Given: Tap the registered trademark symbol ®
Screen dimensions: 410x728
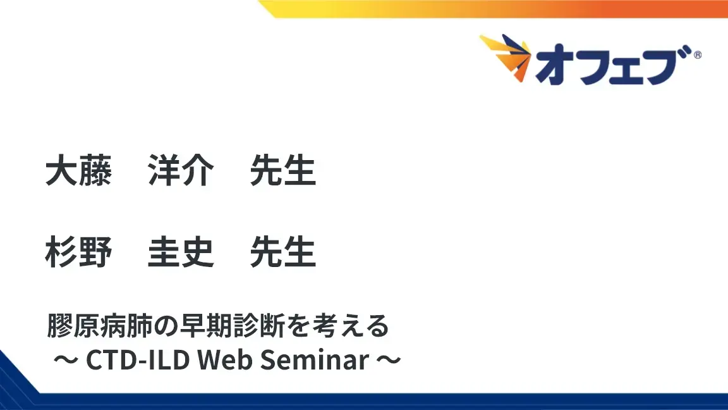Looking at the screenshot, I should click(x=697, y=55).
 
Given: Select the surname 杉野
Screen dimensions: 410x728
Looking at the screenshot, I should click(x=78, y=253).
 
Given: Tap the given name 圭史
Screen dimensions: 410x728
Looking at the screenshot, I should click(x=180, y=253).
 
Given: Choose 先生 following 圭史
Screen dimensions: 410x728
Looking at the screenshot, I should click(x=282, y=253).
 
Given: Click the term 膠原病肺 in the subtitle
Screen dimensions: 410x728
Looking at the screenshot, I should click(x=95, y=327).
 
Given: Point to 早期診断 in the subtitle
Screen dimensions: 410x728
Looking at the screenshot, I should click(x=218, y=327).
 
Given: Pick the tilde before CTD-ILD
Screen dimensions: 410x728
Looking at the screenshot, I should click(x=65, y=361).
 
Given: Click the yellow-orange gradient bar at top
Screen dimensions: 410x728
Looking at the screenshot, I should click(x=493, y=9).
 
